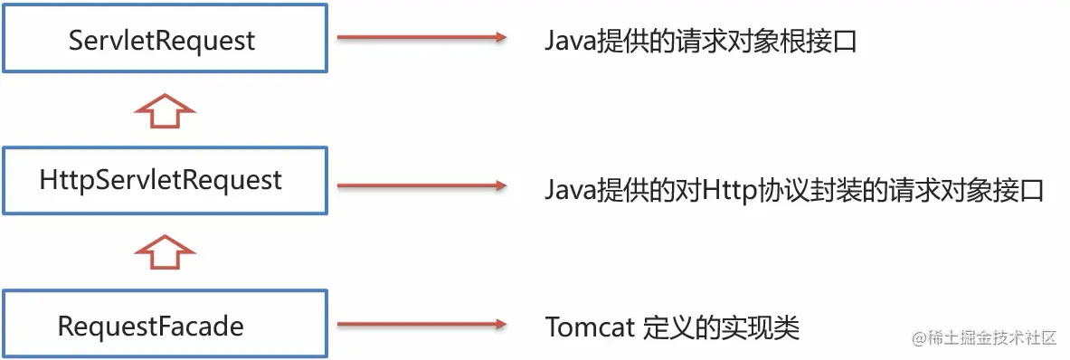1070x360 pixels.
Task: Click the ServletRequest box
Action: click(x=163, y=40)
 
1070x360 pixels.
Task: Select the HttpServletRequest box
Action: click(x=163, y=181)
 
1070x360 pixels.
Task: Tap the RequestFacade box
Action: click(x=163, y=325)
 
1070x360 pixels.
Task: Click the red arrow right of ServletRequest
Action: click(x=421, y=38)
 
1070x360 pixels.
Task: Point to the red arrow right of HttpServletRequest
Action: click(x=421, y=185)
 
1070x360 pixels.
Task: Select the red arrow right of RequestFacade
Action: click(x=421, y=325)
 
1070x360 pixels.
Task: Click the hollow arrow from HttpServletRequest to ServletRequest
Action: click(x=164, y=112)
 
